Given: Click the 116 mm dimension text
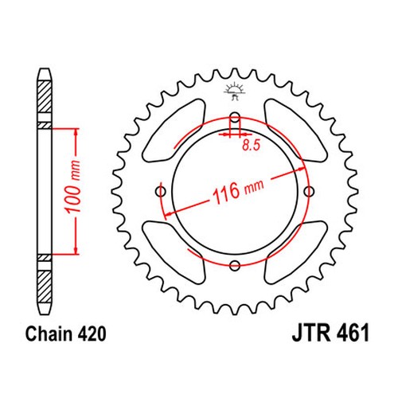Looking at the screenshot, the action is (238, 189).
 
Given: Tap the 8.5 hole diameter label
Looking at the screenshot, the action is (252, 145).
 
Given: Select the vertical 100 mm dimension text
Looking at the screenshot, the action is (72, 186).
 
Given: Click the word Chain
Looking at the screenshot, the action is (49, 334).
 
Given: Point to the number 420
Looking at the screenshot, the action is (92, 334).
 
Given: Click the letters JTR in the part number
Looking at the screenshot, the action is (311, 333).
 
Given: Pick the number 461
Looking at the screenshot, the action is (353, 333).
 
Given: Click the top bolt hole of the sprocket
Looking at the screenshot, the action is (235, 117).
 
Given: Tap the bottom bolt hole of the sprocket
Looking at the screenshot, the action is (235, 265).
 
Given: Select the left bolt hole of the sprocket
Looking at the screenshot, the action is (161, 191).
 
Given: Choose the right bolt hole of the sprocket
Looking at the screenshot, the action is (309, 191).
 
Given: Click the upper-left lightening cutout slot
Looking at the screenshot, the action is (174, 131).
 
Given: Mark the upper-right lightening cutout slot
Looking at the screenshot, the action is (296, 131).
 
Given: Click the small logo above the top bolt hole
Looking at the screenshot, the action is (233, 91).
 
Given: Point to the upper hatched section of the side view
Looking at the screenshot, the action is (44, 96).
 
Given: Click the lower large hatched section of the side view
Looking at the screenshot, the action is (44, 287).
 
